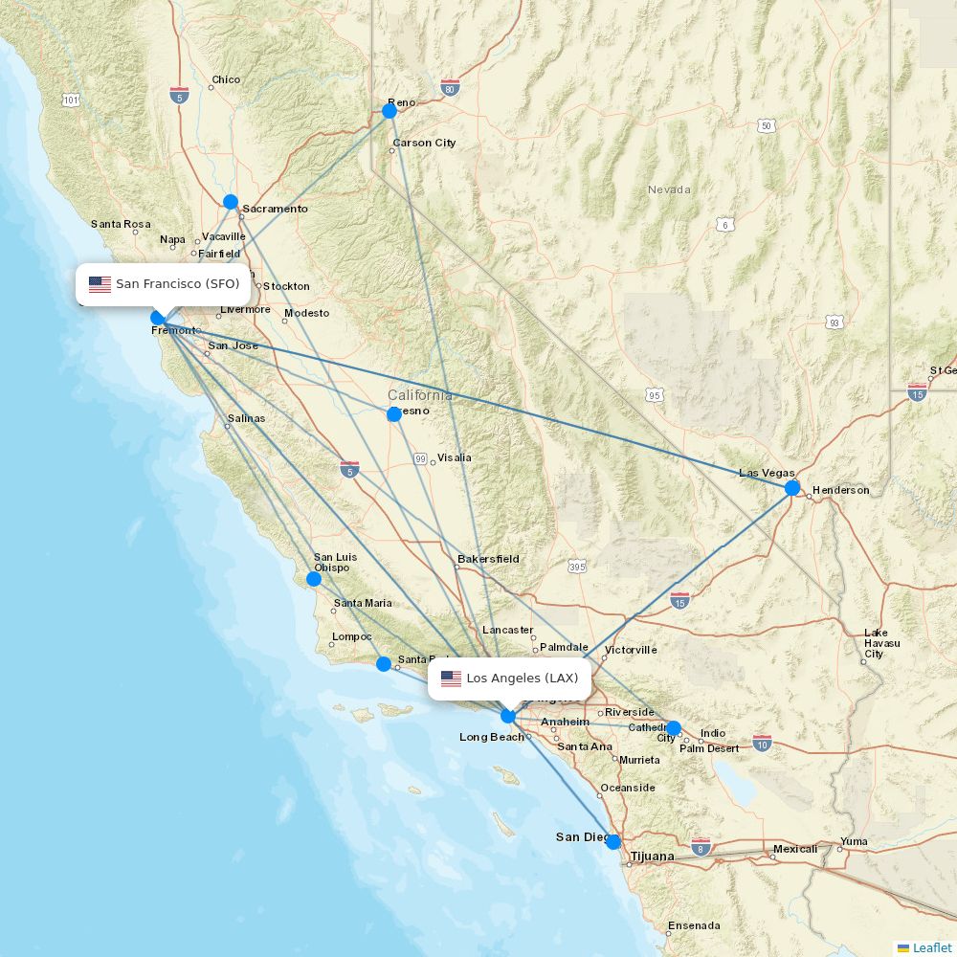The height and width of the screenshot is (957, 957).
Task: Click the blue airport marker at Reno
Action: point(389,110)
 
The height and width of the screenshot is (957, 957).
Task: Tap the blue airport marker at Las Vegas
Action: point(792,488)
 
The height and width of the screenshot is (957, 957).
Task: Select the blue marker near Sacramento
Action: point(231,201)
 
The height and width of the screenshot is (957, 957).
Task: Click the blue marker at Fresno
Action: point(394,414)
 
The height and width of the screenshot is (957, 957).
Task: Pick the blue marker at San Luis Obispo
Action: point(314,578)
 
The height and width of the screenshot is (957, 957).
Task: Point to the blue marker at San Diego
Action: point(613,842)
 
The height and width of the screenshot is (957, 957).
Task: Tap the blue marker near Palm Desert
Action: point(674,728)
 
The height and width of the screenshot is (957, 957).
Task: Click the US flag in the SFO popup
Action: point(100,284)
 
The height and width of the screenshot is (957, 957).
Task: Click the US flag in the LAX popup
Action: point(451,679)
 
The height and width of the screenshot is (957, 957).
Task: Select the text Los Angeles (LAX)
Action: point(523,679)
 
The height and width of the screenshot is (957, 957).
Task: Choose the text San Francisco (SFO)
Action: point(177,284)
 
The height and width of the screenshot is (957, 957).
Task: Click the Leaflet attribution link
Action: point(931,947)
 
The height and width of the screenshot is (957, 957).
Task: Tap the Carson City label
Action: point(424,143)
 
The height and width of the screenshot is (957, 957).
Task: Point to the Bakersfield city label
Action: point(488,559)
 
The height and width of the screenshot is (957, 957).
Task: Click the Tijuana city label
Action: point(652,856)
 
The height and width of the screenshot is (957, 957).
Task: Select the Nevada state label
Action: point(668,189)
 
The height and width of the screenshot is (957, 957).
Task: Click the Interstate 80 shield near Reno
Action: point(451,88)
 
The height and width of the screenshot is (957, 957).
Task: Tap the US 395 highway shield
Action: point(576,567)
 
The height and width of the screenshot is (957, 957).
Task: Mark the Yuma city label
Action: point(853,842)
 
